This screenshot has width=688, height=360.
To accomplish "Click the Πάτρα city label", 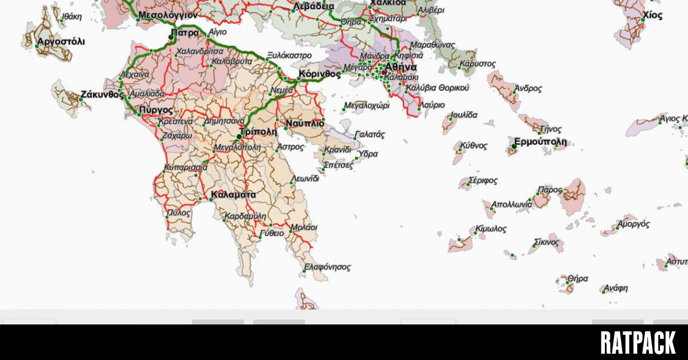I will [185, 33].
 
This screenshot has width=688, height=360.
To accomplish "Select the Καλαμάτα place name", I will [233, 195].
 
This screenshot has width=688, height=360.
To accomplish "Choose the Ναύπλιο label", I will [304, 123].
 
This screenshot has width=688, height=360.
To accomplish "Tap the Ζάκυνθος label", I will [101, 95].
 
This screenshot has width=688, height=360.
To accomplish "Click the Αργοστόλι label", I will [61, 42].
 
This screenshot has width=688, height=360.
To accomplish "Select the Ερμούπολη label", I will [540, 142].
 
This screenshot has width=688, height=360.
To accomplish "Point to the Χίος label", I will [652, 15].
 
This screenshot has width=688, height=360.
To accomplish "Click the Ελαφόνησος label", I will [327, 267].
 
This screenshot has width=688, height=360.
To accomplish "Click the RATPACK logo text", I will [638, 343].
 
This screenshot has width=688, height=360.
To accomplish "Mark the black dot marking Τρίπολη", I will [239, 136].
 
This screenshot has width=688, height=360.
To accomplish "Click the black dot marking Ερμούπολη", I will [514, 147].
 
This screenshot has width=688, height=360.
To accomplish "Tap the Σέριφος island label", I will [483, 181].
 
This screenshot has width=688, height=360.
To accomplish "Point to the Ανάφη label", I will [616, 288].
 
